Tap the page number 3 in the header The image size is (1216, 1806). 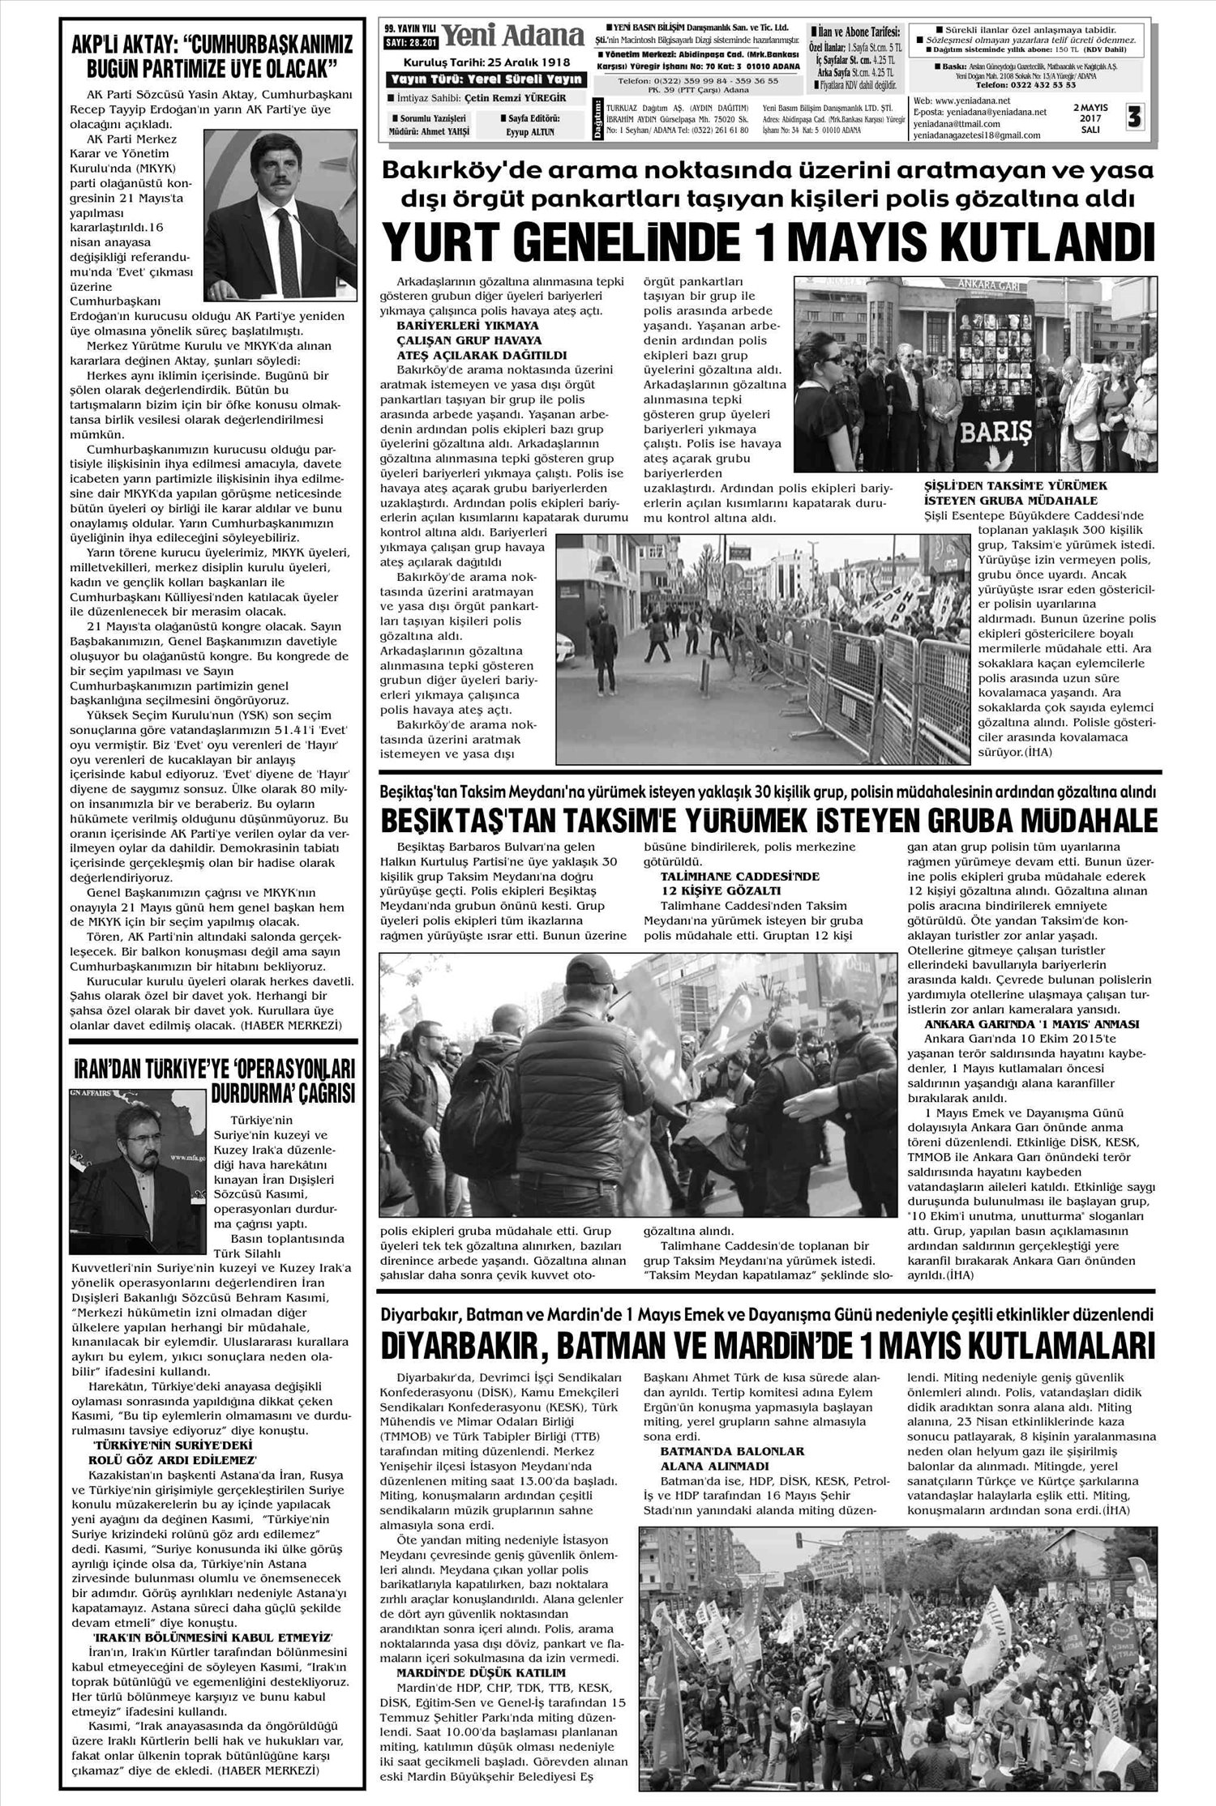[x=1133, y=118]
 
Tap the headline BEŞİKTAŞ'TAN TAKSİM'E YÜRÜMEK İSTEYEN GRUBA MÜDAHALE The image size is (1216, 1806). [x=768, y=822]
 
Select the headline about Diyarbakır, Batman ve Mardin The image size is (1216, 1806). [x=768, y=1346]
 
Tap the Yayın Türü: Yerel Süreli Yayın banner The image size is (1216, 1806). [x=486, y=79]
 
